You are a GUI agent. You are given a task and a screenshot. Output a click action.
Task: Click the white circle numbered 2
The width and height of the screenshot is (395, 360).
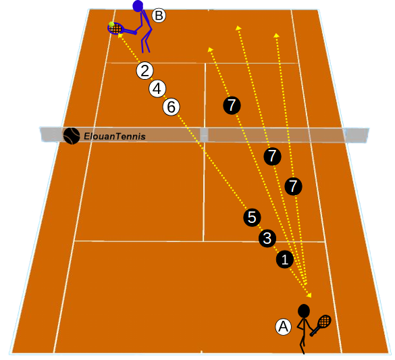[x=145, y=71]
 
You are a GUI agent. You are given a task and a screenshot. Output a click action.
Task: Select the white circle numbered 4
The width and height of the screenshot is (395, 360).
[x=157, y=89]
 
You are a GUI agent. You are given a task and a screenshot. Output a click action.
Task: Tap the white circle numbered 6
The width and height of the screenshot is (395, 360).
[x=172, y=107]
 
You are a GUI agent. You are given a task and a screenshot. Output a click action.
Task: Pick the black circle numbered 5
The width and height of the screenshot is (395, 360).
[x=252, y=217]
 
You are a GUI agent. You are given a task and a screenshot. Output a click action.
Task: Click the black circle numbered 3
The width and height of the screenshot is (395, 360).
[x=267, y=238]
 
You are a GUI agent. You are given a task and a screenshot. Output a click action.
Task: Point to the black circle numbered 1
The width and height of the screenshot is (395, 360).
[x=285, y=259]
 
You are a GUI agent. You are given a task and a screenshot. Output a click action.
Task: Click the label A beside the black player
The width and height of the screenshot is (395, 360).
[x=284, y=327]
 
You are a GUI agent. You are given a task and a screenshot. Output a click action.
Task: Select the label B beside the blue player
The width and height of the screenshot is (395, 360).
[x=159, y=16]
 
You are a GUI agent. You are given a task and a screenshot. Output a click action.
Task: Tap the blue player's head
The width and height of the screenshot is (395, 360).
[x=138, y=6]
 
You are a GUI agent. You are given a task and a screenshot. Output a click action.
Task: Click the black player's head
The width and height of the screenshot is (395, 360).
[x=304, y=311]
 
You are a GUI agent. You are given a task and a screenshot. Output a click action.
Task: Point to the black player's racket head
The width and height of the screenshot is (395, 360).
[x=325, y=322]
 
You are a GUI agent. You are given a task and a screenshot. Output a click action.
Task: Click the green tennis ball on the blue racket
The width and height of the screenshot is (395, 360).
[x=111, y=24]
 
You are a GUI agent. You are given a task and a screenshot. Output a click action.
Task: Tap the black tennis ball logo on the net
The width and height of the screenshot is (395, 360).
[x=72, y=136]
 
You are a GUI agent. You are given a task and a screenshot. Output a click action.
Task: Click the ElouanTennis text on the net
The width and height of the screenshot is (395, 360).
[x=115, y=136]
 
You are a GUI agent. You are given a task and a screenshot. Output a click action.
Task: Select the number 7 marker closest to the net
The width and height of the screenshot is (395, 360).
[x=272, y=156]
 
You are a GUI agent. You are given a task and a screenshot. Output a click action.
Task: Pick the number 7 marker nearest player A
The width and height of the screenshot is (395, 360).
[x=293, y=186]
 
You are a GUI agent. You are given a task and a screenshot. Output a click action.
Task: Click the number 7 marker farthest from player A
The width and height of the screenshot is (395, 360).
[x=232, y=105]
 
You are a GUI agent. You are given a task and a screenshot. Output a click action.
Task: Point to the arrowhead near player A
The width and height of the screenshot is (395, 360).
[x=309, y=294]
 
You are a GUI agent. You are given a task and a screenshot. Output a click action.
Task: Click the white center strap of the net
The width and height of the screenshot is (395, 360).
[x=204, y=135]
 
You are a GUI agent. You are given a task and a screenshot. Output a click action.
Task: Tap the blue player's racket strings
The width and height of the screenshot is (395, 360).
[x=116, y=28]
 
